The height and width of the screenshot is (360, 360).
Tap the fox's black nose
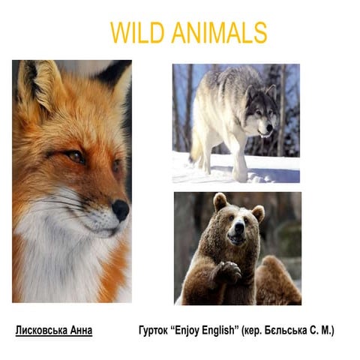click(x=120, y=209)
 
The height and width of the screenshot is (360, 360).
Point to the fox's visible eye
click(x=75, y=156)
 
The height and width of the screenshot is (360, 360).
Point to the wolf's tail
click(x=196, y=150)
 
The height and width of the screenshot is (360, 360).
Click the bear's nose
click(x=235, y=233)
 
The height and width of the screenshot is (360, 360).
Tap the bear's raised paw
click(x=226, y=271)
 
